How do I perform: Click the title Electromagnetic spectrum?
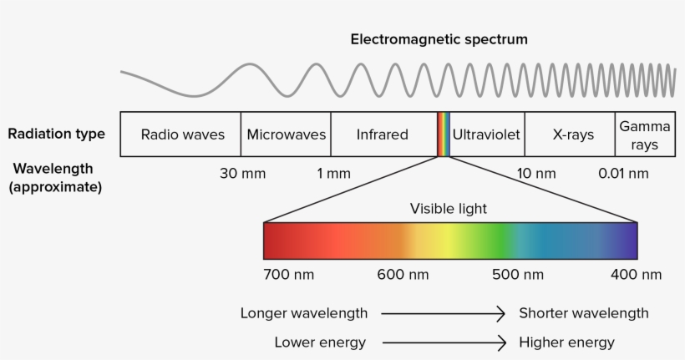tap(439, 39)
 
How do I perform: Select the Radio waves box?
tap(180, 134)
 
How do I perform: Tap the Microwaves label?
tap(287, 134)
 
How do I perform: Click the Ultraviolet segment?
tap(487, 134)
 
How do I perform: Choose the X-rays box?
tap(570, 134)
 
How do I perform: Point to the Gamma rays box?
tap(645, 134)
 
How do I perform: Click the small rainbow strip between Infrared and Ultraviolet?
tap(444, 134)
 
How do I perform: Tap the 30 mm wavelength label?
tap(242, 174)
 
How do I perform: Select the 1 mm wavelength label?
tap(334, 174)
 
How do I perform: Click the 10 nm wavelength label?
tap(536, 174)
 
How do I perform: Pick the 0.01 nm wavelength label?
tap(623, 174)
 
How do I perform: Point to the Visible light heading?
tap(449, 208)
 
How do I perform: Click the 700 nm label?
tap(289, 274)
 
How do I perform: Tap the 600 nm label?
tap(403, 274)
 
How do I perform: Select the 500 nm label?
tap(518, 274)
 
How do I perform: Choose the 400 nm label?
tap(636, 274)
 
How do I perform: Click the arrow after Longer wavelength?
tap(443, 313)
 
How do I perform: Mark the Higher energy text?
tap(566, 342)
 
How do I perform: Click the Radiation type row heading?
tap(56, 134)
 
